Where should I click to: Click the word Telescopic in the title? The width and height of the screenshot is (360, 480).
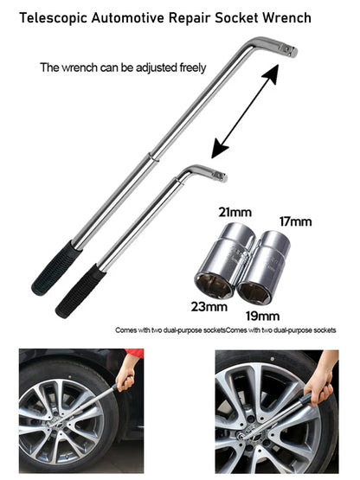coord(49,16)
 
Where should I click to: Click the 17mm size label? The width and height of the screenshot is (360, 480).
coord(294,221)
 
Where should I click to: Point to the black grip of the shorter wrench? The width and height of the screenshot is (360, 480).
coord(80,291)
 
